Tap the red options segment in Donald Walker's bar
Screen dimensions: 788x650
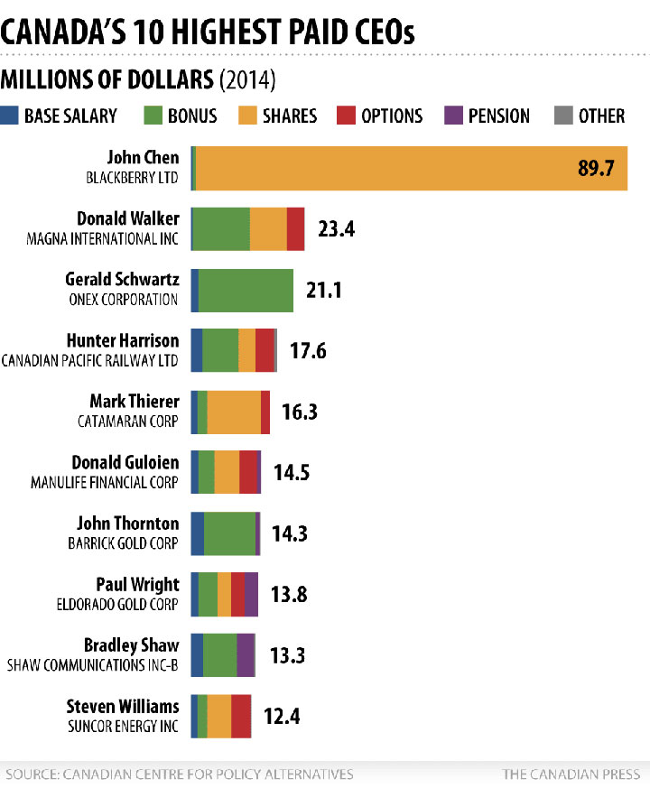[295, 228]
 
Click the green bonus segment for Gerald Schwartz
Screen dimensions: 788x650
[246, 290]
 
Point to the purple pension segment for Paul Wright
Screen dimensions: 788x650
[251, 594]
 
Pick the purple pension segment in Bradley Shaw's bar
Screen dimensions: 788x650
[246, 655]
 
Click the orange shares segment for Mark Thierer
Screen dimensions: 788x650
[234, 412]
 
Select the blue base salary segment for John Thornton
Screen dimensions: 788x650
[198, 533]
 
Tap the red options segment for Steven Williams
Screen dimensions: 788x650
[241, 716]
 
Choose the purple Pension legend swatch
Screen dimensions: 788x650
[454, 116]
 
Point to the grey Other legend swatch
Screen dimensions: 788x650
[563, 116]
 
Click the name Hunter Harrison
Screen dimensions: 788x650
[123, 340]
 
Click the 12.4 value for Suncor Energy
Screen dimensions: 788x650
[281, 717]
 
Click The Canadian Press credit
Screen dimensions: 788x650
[571, 774]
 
